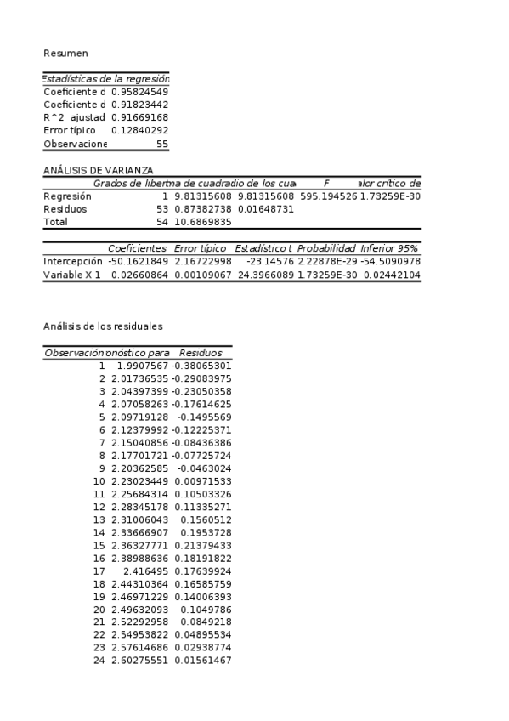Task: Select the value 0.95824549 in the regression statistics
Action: click(139, 91)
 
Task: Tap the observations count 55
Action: click(161, 145)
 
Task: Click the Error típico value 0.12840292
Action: click(139, 131)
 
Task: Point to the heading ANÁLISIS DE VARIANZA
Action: click(87, 170)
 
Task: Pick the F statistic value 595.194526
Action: click(328, 196)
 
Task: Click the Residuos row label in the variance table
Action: click(64, 208)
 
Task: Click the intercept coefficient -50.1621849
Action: click(138, 261)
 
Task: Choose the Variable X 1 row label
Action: click(72, 275)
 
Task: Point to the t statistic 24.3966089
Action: click(264, 275)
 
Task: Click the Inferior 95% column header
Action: click(389, 248)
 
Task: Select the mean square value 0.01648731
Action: click(265, 208)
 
